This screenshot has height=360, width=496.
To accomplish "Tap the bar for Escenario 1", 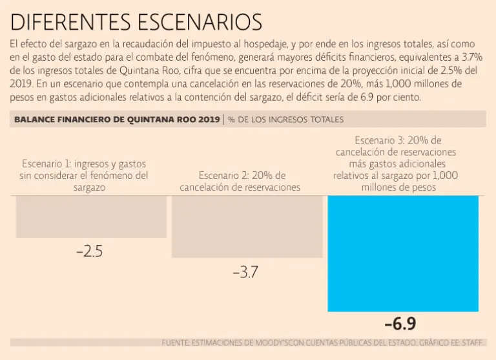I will (91, 217).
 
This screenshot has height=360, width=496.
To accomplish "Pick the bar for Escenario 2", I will (247, 226).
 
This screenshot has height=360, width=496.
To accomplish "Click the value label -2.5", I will (89, 252).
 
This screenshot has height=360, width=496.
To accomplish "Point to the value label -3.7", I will (245, 273).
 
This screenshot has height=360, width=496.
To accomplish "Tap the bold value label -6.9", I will (400, 324).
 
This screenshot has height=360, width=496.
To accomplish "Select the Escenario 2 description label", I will (240, 182).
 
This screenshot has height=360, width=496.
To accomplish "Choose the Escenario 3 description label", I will (396, 164).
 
